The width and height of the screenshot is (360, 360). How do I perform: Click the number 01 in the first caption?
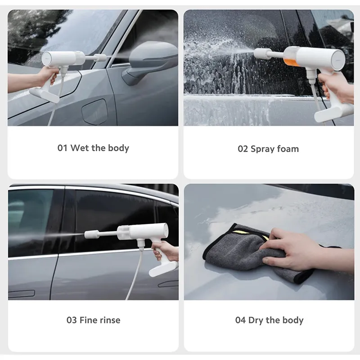(62, 148)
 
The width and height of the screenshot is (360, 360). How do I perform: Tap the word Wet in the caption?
(80, 148)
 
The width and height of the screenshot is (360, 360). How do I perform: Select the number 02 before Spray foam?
(243, 148)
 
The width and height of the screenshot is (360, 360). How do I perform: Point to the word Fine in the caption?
(89, 320)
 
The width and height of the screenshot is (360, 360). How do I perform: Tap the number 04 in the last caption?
(240, 320)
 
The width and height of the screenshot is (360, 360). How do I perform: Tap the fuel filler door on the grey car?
(95, 111)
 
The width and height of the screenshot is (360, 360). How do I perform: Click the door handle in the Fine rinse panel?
(168, 284)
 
